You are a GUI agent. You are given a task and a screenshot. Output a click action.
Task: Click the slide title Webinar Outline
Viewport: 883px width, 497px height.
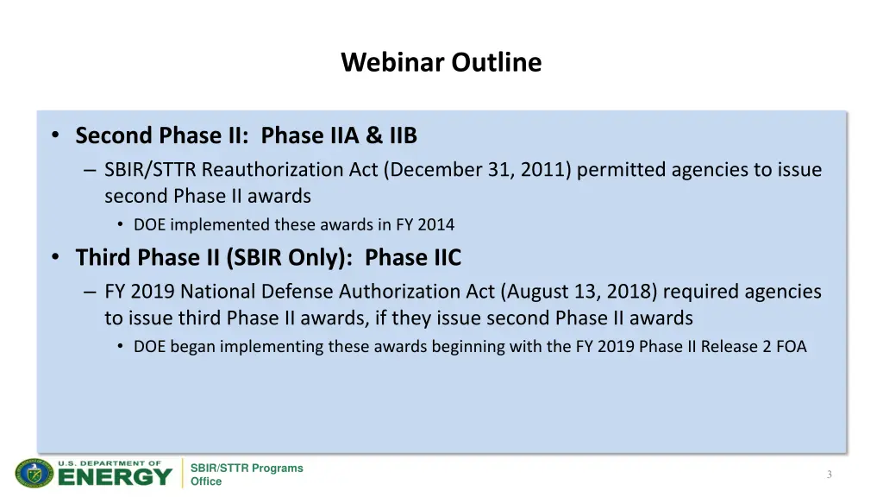(x=441, y=63)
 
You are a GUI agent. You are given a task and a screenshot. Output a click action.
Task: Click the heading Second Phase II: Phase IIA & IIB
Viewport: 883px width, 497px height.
(x=246, y=136)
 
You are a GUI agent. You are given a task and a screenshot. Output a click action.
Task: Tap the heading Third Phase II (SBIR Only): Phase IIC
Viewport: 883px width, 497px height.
(x=268, y=258)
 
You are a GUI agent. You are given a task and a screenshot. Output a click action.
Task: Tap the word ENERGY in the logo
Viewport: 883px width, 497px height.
(x=116, y=476)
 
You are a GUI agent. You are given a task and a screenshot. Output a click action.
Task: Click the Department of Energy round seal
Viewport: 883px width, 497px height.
(x=34, y=474)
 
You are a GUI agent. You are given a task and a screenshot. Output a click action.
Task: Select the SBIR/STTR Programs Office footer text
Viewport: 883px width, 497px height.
(x=247, y=475)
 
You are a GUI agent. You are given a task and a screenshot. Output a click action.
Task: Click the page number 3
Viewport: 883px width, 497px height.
(x=829, y=475)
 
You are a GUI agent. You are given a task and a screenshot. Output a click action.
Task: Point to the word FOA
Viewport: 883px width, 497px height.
(x=791, y=347)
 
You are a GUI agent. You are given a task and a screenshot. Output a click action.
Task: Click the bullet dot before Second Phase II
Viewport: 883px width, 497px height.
(x=55, y=136)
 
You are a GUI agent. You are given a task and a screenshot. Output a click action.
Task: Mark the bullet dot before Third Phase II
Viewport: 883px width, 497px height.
(x=55, y=258)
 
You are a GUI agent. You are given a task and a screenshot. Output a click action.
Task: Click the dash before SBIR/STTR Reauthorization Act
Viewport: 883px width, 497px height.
(x=90, y=171)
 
